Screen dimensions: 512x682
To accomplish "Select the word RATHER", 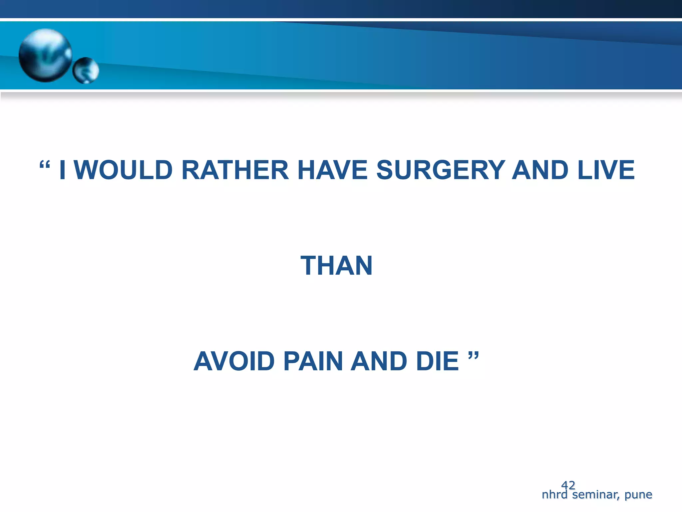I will pyautogui.click(x=235, y=170).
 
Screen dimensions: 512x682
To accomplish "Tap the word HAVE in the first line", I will pyautogui.click(x=332, y=170).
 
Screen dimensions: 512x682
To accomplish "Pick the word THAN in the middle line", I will pyautogui.click(x=336, y=266).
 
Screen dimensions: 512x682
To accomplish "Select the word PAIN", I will pyautogui.click(x=313, y=361).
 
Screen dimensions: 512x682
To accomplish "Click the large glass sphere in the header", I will pyautogui.click(x=45, y=55).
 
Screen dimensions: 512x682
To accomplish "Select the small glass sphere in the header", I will pyautogui.click(x=86, y=70).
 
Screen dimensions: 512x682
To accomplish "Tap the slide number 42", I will pyautogui.click(x=568, y=485).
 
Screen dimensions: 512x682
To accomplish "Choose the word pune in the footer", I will pyautogui.click(x=638, y=495).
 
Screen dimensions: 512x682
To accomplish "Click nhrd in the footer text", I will pyautogui.click(x=554, y=495).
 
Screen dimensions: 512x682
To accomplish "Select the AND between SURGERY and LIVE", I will pyautogui.click(x=540, y=170).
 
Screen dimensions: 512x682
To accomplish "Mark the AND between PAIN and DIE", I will pyautogui.click(x=379, y=361).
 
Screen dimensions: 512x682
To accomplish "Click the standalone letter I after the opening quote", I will pyautogui.click(x=62, y=170).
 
